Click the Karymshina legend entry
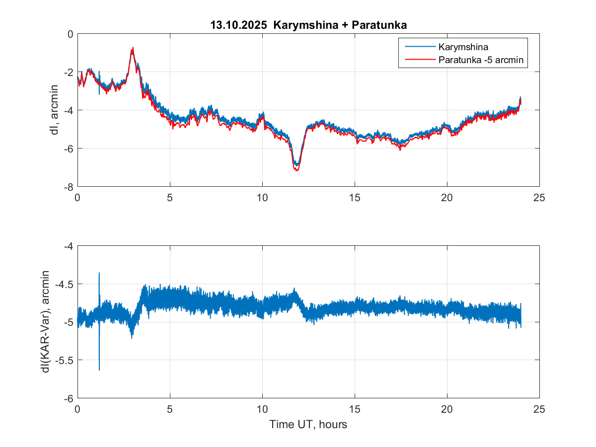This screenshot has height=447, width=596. (463, 48)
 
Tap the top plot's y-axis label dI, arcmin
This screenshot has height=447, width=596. (55, 110)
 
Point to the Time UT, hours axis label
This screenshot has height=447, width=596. (308, 425)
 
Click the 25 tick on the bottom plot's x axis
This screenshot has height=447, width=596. (539, 409)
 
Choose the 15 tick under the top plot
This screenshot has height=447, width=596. (355, 197)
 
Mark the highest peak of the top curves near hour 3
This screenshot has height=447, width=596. (133, 48)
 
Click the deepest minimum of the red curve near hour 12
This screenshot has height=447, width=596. (297, 170)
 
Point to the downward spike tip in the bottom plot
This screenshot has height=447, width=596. (99, 370)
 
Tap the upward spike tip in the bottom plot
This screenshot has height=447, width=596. (99, 273)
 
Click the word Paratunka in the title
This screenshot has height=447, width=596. (379, 24)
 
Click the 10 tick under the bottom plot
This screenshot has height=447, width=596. (262, 409)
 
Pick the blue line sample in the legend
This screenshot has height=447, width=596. (420, 48)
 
